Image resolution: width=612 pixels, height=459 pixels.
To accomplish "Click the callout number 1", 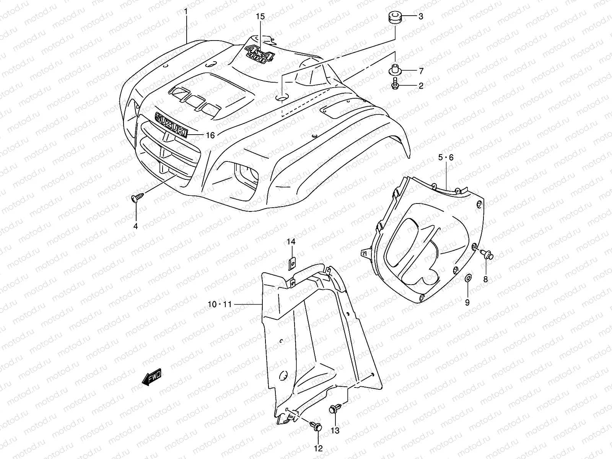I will click(186, 11).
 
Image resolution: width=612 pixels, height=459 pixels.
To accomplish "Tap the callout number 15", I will click(260, 16).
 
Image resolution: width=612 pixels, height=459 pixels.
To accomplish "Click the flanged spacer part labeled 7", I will click(395, 70).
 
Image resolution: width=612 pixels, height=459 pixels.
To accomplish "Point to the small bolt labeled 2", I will click(395, 85).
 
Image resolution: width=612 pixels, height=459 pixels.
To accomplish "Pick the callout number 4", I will click(135, 226).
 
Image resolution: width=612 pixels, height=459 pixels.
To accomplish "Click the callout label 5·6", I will click(446, 157).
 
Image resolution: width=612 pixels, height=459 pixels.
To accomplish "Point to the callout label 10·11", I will click(220, 304).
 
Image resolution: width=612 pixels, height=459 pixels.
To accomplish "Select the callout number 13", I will click(335, 431).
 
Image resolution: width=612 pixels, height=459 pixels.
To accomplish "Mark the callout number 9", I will click(467, 303).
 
